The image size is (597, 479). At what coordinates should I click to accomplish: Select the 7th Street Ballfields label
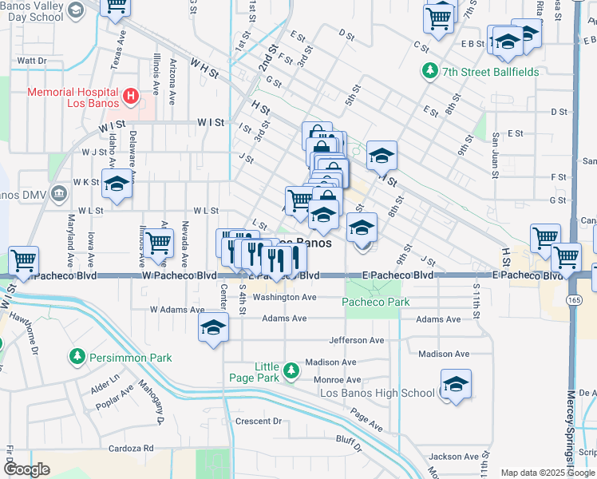(x=489, y=72)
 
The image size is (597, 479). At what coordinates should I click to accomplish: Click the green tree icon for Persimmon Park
(x=77, y=356)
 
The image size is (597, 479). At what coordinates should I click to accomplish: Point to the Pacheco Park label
(x=376, y=302)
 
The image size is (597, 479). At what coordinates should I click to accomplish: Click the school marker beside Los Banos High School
(x=456, y=384)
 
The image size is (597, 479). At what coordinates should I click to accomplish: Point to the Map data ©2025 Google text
(x=547, y=473)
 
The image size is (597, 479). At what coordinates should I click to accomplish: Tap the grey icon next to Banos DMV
(x=58, y=193)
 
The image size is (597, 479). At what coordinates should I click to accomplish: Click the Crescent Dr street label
(x=259, y=421)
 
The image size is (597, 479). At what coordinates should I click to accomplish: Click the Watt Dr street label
(x=32, y=60)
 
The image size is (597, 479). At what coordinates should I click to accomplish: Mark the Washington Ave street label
(x=284, y=297)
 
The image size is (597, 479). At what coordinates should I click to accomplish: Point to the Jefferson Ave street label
(x=358, y=340)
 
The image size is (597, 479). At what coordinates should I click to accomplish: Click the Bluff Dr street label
(x=349, y=439)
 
